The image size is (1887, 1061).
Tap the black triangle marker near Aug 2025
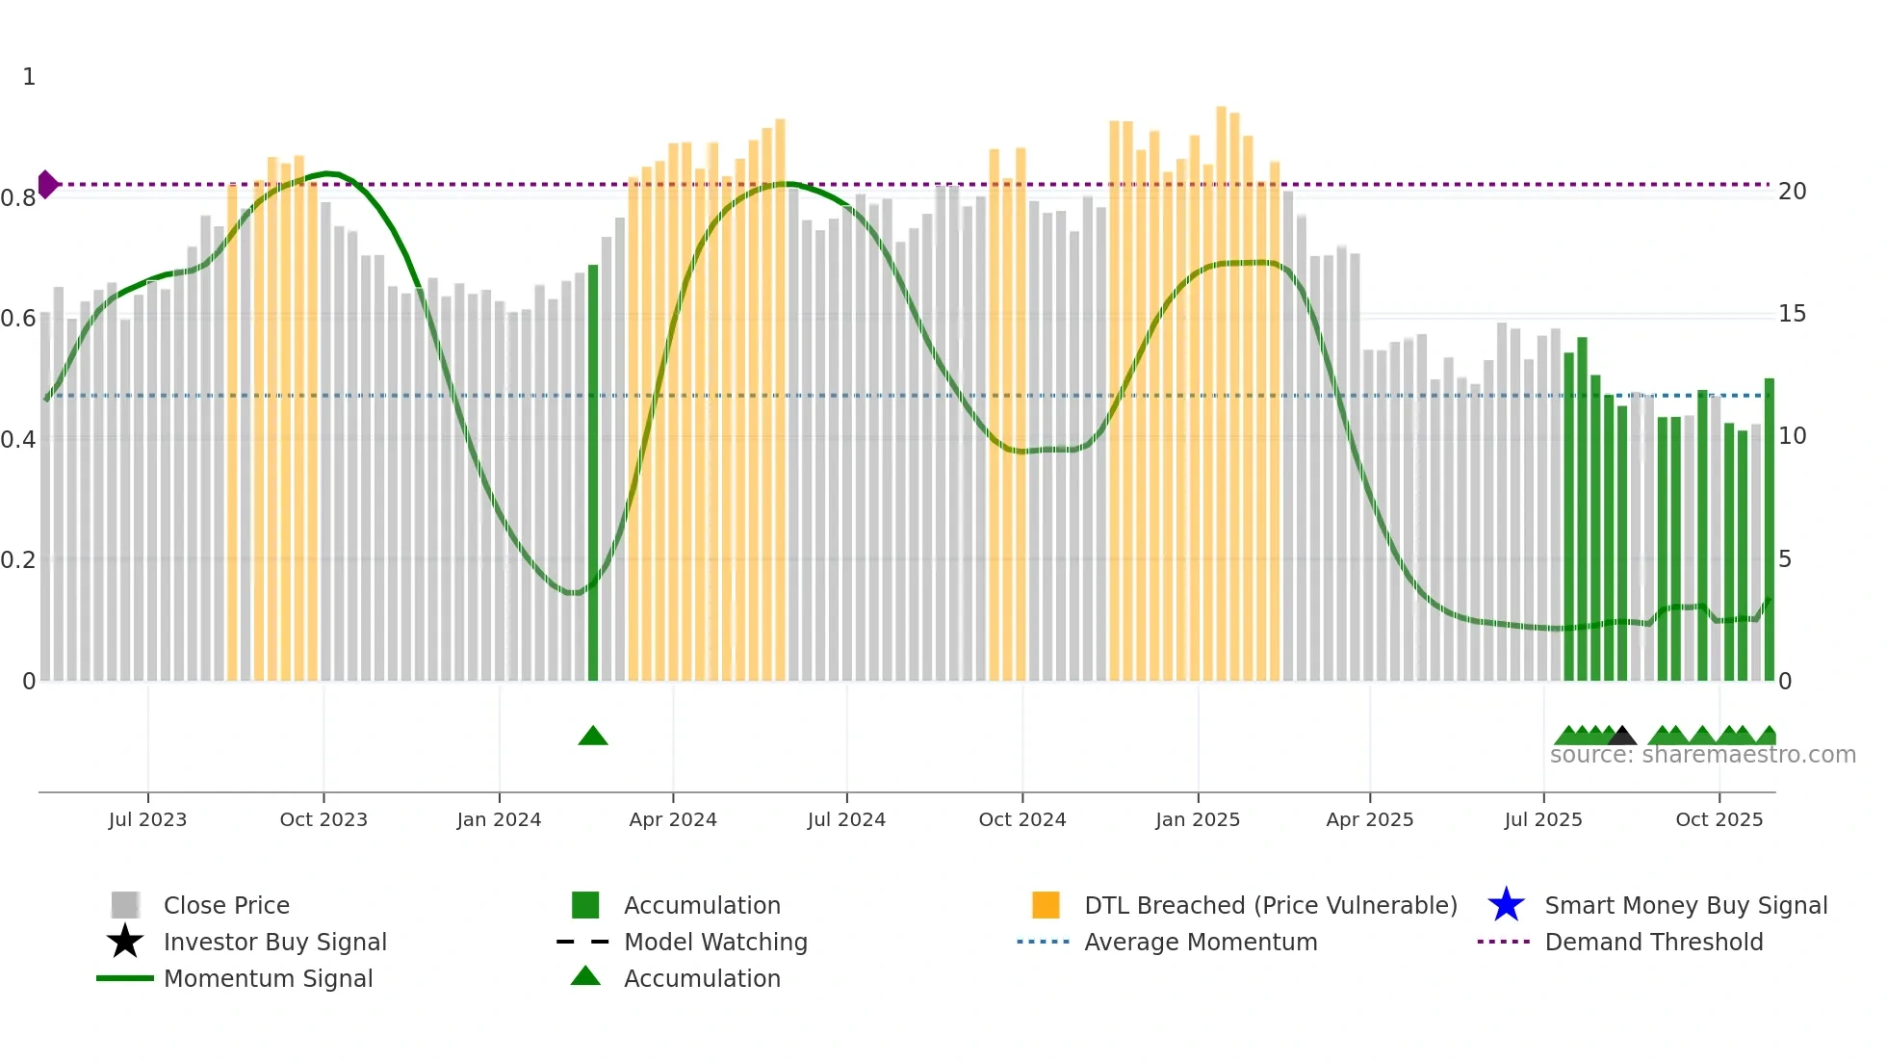click(1621, 737)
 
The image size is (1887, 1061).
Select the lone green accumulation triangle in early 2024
click(593, 737)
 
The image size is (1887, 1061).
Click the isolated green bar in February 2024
click(593, 472)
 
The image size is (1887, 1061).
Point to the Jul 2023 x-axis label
click(147, 819)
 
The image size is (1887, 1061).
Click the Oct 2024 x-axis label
click(1022, 819)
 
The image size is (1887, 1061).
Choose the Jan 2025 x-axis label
click(1198, 819)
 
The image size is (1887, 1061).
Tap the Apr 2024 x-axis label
click(673, 819)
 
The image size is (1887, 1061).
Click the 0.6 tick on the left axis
click(18, 319)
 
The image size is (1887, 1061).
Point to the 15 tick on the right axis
click(1792, 314)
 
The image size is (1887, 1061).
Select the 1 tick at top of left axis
click(29, 77)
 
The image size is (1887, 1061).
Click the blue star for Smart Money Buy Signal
click(1506, 905)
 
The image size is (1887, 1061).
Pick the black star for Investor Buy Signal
click(125, 942)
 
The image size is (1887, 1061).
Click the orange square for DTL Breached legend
click(1046, 905)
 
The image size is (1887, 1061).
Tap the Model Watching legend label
click(715, 942)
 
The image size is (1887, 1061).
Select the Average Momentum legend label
click(1201, 942)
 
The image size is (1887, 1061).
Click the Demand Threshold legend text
click(1653, 942)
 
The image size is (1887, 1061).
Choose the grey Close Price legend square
click(125, 905)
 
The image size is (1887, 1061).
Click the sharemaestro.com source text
click(1702, 755)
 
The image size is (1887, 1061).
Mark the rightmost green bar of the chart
click(1769, 530)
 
